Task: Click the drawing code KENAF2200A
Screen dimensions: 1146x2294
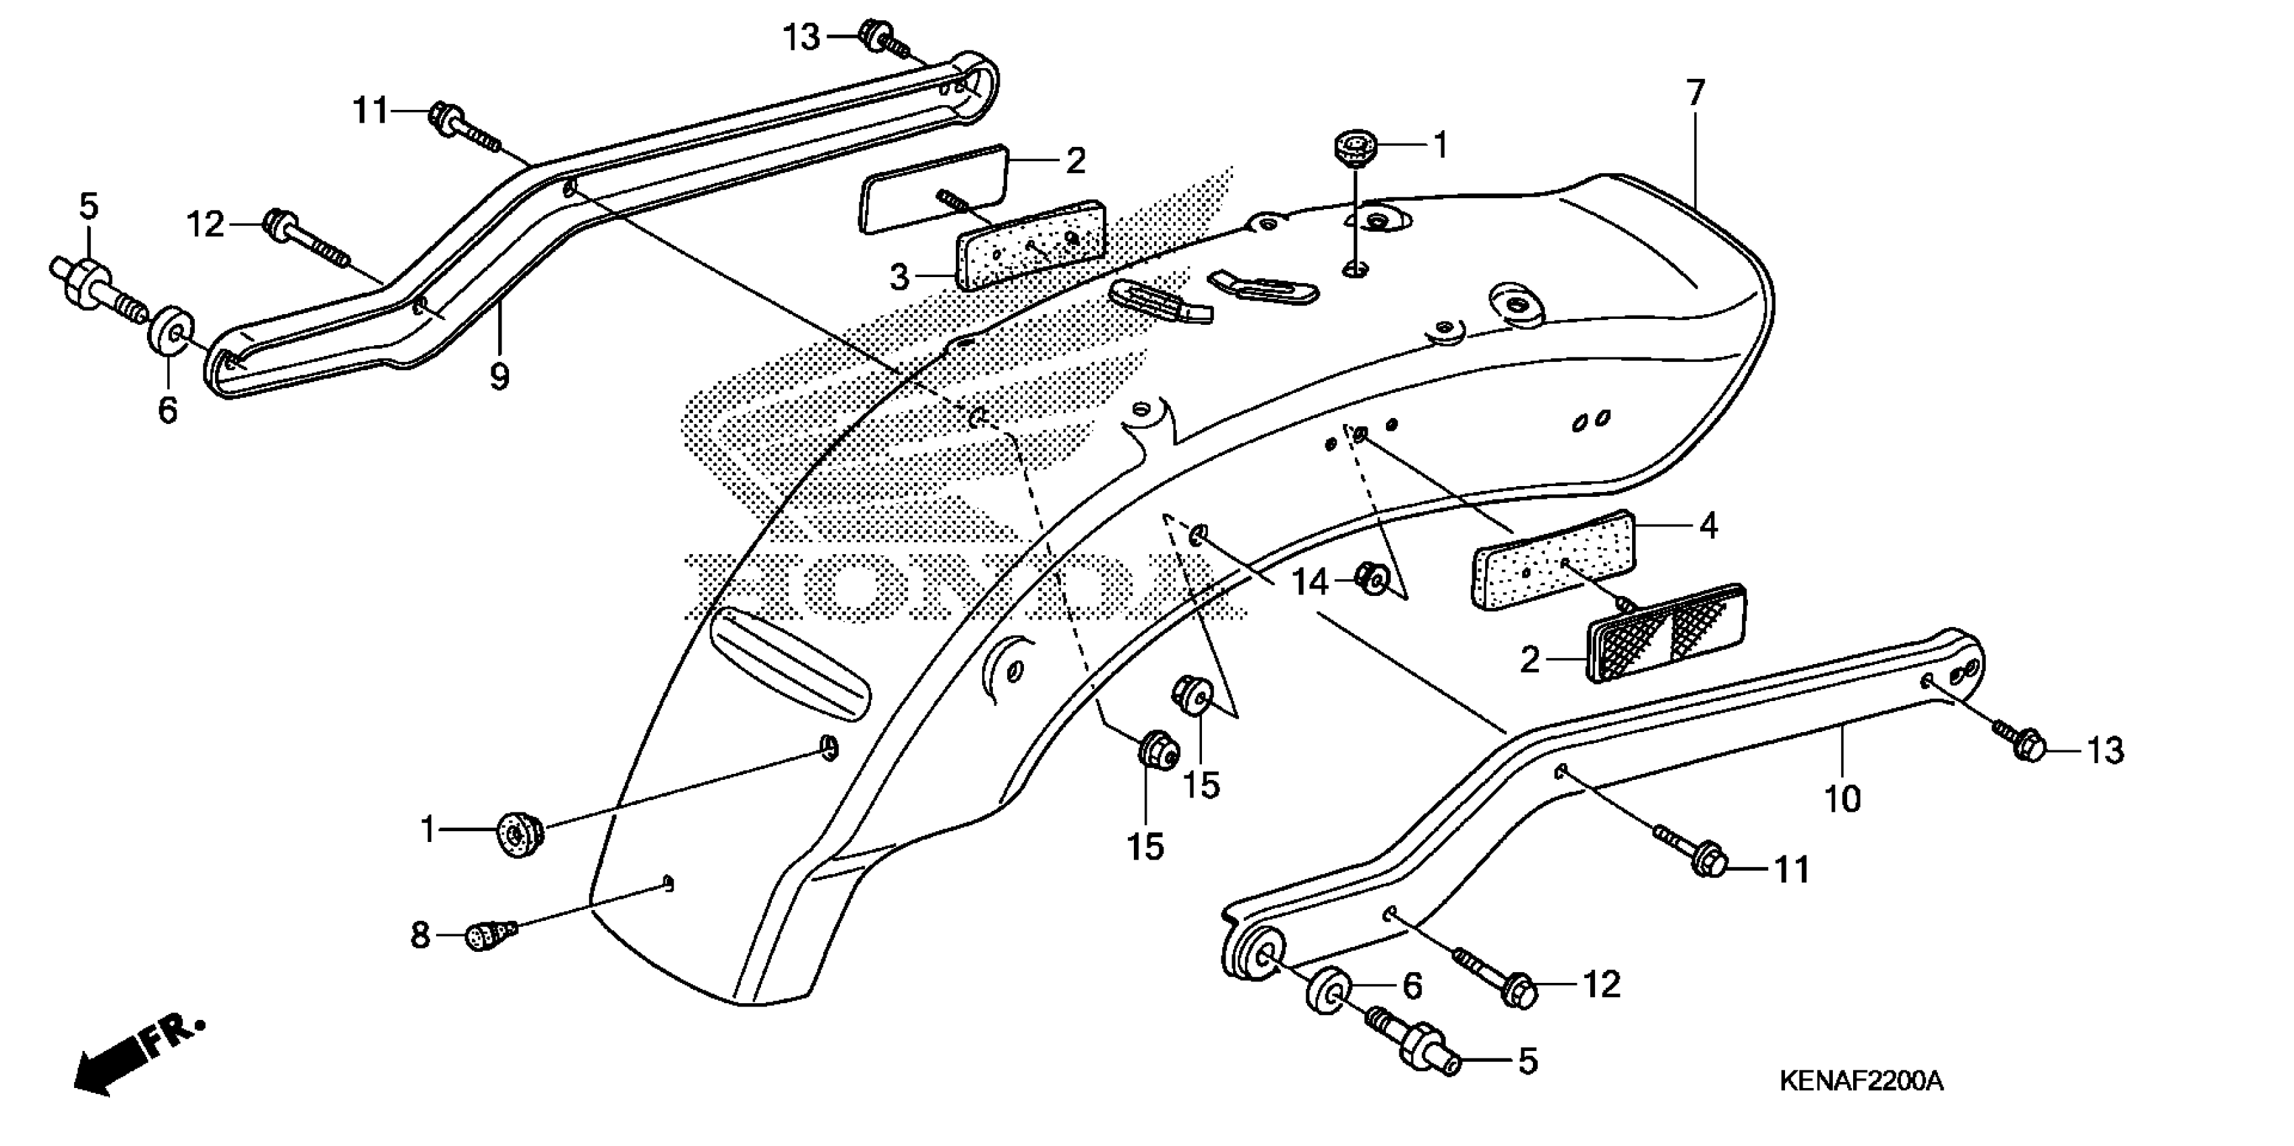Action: pyautogui.click(x=1861, y=1081)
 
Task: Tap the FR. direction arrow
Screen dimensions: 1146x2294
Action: pyautogui.click(x=133, y=1060)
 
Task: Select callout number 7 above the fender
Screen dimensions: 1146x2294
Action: pyautogui.click(x=1695, y=92)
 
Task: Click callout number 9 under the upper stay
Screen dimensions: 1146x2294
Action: pyautogui.click(x=500, y=377)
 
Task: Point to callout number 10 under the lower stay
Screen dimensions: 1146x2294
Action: pyautogui.click(x=1842, y=799)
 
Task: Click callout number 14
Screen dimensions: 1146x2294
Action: pyautogui.click(x=1309, y=583)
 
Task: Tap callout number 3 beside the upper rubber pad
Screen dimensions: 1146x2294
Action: pyautogui.click(x=899, y=278)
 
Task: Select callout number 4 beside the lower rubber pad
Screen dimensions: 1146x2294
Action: pyautogui.click(x=1708, y=526)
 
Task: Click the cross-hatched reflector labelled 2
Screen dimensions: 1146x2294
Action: pyautogui.click(x=1667, y=633)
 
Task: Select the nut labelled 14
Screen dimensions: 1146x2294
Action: pyautogui.click(x=1372, y=579)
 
